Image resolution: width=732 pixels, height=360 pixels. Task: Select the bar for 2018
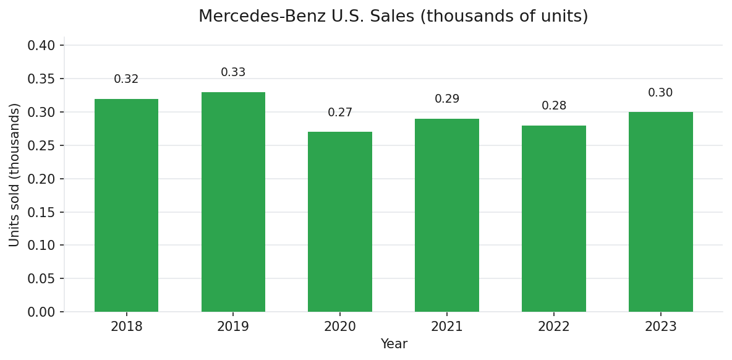pyautogui.click(x=126, y=205)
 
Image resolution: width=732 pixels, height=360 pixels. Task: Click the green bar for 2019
pyautogui.click(x=233, y=202)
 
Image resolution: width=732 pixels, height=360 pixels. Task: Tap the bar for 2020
pyautogui.click(x=340, y=222)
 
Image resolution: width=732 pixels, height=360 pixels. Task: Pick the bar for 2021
pyautogui.click(x=447, y=215)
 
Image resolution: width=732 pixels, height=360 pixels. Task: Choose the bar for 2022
pyautogui.click(x=554, y=219)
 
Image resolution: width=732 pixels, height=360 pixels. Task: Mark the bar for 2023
pyautogui.click(x=660, y=212)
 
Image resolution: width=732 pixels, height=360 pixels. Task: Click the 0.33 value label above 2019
pyautogui.click(x=233, y=72)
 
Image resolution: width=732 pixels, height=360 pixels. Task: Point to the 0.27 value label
pyautogui.click(x=340, y=113)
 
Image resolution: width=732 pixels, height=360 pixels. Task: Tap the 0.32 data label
pyautogui.click(x=126, y=79)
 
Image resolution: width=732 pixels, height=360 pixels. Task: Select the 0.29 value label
pyautogui.click(x=447, y=99)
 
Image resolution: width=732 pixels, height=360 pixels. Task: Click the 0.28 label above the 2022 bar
pyautogui.click(x=554, y=106)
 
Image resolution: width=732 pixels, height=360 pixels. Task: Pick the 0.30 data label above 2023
pyautogui.click(x=660, y=93)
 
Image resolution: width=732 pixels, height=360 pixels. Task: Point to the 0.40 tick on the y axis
pyautogui.click(x=41, y=46)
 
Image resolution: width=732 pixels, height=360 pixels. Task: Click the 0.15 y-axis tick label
pyautogui.click(x=41, y=212)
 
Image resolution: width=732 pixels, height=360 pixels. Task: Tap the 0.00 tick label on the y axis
pyautogui.click(x=41, y=312)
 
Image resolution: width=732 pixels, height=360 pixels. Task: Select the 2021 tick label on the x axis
pyautogui.click(x=447, y=327)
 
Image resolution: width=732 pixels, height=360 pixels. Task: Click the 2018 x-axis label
pyautogui.click(x=126, y=327)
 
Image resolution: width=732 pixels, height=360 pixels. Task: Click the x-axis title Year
pyautogui.click(x=394, y=344)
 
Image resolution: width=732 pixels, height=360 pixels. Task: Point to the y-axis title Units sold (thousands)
pyautogui.click(x=15, y=175)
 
